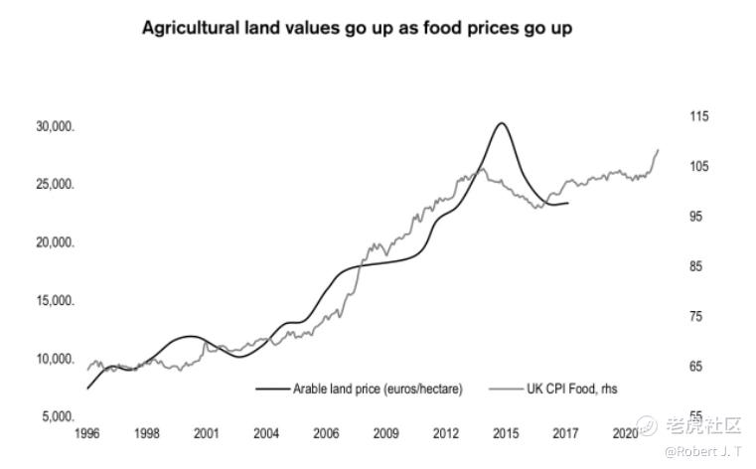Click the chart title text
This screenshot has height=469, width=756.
pos(357,28)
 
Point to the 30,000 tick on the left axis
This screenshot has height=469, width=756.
pos(56,127)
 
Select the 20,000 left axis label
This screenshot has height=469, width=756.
pos(56,243)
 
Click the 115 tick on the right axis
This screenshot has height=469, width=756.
pos(699,116)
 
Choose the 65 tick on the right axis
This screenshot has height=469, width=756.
pos(696,367)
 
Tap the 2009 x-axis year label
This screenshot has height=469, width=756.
pos(385,434)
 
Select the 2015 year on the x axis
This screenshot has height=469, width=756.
pos(506,434)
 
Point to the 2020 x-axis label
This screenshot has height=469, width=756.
pos(626,434)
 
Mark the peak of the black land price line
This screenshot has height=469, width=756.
pos(501,123)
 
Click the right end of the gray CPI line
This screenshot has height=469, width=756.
pos(659,149)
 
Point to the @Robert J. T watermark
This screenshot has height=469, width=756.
pos(702,451)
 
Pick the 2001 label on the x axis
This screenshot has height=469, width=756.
pos(206,434)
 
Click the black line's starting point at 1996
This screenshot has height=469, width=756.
pos(87,388)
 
